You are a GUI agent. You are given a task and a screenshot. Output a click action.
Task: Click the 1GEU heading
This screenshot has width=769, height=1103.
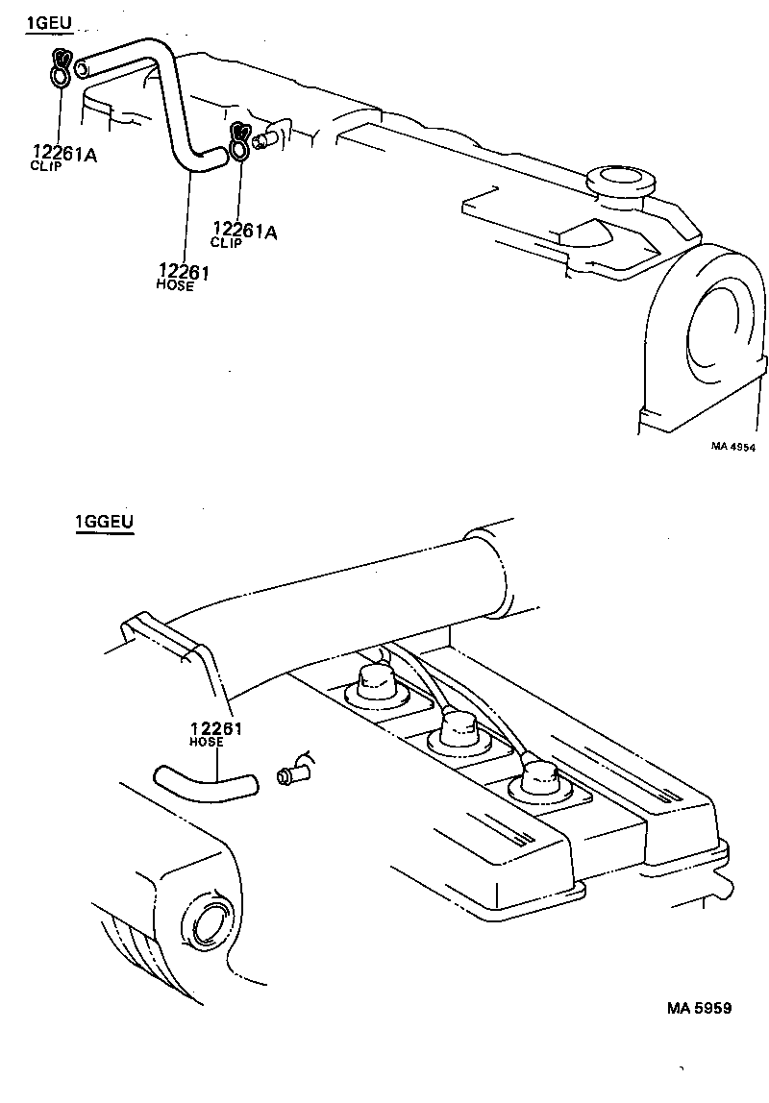(48, 23)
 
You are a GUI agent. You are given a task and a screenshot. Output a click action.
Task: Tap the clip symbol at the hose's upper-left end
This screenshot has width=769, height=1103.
(60, 68)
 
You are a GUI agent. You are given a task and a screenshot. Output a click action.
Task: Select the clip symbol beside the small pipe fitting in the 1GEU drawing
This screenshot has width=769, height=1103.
(238, 140)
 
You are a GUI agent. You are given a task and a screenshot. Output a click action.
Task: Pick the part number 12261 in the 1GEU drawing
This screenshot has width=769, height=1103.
(185, 273)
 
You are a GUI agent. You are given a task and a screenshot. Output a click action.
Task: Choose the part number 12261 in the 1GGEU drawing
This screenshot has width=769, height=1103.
(215, 729)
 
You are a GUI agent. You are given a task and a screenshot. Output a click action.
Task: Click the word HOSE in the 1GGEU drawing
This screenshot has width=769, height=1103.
(207, 743)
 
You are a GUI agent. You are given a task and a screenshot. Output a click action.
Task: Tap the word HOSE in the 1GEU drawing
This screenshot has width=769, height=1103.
(174, 286)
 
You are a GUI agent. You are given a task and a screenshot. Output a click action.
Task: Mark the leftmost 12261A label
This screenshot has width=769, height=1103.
(64, 153)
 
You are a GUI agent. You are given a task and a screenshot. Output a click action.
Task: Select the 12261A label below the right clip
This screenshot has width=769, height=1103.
(244, 230)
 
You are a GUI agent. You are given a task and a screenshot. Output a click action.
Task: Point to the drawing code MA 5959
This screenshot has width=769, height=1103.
(700, 1008)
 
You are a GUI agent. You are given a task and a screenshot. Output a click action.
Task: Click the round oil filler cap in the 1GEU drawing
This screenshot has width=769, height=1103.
(617, 180)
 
